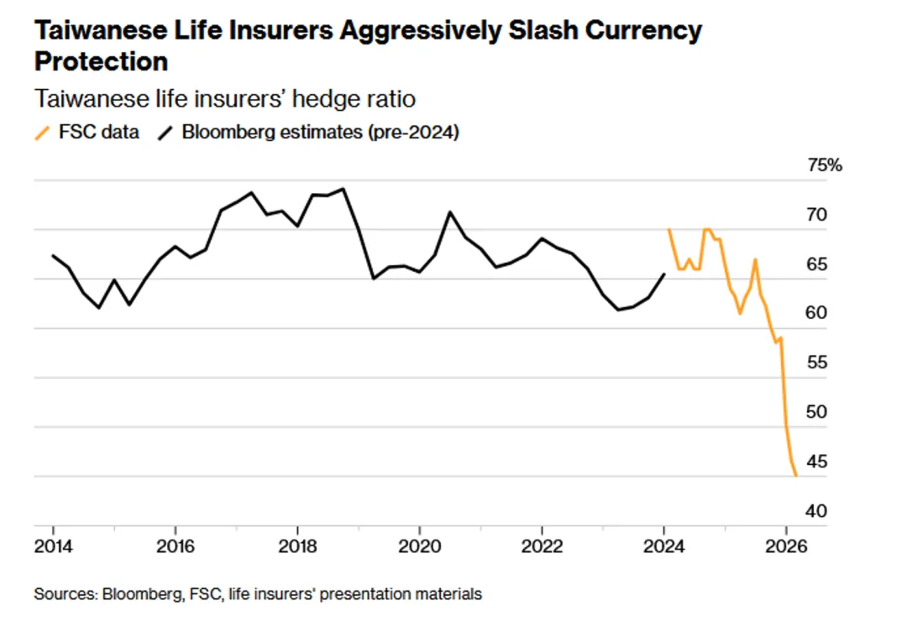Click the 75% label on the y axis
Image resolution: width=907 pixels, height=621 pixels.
click(x=824, y=165)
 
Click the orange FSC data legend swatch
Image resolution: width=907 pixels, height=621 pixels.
click(x=42, y=133)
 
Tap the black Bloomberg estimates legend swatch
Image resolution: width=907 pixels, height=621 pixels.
click(x=166, y=133)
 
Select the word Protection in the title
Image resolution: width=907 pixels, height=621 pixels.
click(x=101, y=61)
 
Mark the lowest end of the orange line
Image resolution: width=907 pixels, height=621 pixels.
click(x=795, y=476)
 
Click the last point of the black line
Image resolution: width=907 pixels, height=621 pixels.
click(x=664, y=274)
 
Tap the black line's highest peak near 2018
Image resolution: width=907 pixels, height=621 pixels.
click(x=343, y=189)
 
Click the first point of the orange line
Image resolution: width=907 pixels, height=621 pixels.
click(x=668, y=229)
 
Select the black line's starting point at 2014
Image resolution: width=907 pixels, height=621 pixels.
click(x=53, y=255)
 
